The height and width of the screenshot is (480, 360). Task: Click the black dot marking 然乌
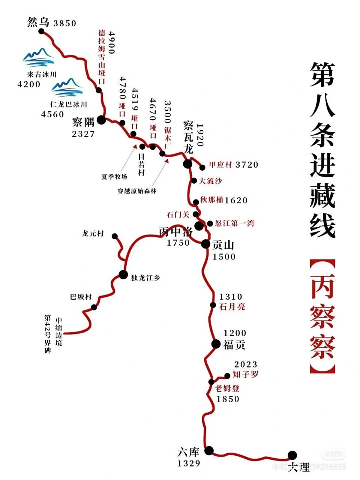[42, 31]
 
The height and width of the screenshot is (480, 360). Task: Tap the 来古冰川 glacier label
[42, 75]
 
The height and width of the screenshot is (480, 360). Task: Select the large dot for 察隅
[101, 120]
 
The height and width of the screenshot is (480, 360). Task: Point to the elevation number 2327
[83, 134]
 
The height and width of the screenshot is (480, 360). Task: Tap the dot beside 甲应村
[202, 167]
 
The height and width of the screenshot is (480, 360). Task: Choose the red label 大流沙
[210, 181]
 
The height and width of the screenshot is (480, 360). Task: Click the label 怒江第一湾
[235, 223]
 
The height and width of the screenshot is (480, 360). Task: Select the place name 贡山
[223, 245]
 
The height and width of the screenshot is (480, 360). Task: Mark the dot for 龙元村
[115, 236]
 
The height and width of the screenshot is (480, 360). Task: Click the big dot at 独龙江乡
[123, 274]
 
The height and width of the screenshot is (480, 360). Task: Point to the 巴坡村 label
[81, 297]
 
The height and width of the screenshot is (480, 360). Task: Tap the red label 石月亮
[232, 307]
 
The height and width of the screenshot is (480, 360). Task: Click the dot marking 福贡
[216, 343]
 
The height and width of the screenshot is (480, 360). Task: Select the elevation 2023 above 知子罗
[246, 364]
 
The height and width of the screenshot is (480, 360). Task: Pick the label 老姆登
[227, 388]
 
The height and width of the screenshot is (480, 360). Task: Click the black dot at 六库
[209, 450]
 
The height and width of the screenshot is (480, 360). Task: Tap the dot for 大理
[292, 455]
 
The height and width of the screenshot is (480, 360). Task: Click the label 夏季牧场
[114, 177]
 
